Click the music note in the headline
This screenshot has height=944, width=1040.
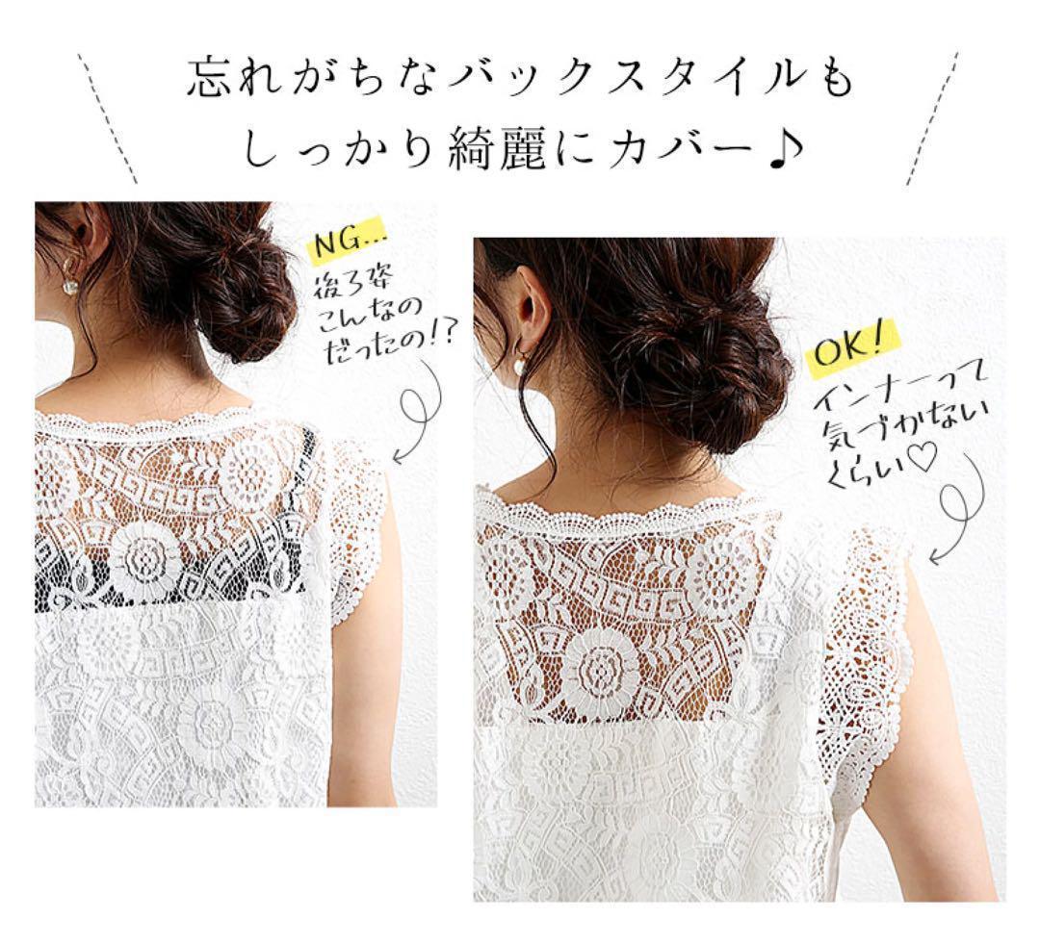787,152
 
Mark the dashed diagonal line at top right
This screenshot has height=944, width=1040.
932,118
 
